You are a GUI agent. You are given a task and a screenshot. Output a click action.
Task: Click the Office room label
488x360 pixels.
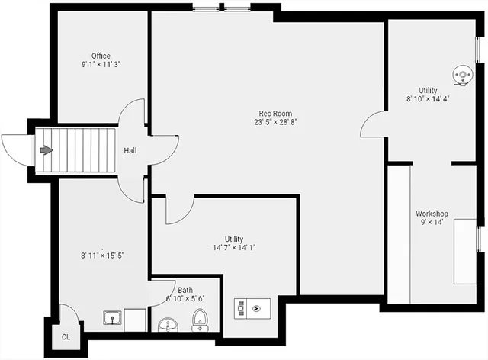coord(101,56)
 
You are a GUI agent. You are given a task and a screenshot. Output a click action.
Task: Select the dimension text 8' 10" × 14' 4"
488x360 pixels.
coord(427,99)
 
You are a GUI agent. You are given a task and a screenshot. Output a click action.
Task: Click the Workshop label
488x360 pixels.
coord(431,214)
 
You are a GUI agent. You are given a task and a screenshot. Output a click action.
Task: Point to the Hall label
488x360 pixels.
coord(130,150)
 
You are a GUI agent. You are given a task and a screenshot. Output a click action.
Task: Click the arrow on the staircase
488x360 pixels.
coord(47,150)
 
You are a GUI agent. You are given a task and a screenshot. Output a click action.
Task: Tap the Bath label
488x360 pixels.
coord(185,290)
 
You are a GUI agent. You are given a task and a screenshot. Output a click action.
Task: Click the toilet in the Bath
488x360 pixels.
coord(200,320)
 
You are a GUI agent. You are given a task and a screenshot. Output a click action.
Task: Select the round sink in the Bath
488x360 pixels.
coord(168,326)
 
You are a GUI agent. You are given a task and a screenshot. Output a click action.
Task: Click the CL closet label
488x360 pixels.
coord(66,336)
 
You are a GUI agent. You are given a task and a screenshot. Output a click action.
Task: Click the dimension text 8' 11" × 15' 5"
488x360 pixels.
coord(103,256)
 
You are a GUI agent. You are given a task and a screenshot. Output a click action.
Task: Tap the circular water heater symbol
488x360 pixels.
coord(461,74)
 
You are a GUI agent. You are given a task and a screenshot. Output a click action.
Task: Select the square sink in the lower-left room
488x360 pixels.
coord(113,316)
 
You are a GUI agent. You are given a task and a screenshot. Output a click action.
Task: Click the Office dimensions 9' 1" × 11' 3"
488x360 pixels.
coord(101,64)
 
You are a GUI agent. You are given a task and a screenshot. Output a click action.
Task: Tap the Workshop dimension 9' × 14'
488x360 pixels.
coord(431,223)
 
